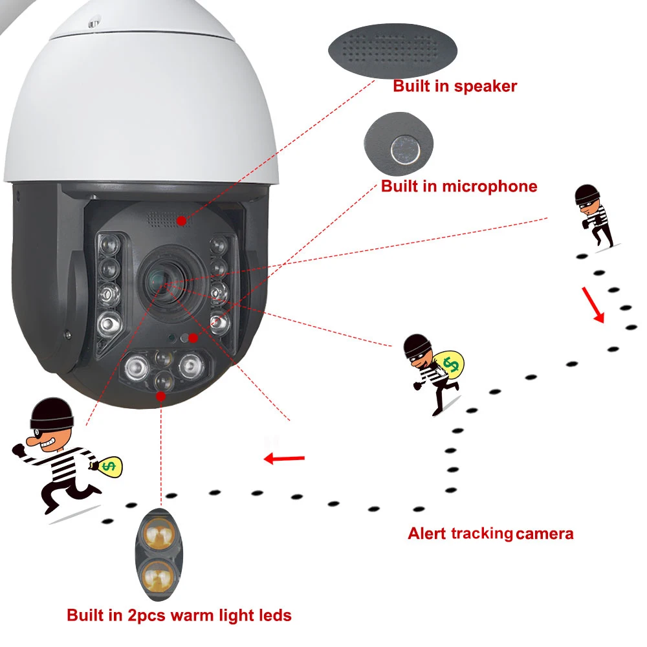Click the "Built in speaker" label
click(455, 85)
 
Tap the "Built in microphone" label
click(459, 186)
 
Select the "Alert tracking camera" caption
click(490, 534)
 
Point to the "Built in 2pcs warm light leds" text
click(179, 615)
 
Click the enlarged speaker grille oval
click(393, 51)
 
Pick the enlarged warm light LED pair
click(158, 552)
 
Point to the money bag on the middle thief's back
click(451, 364)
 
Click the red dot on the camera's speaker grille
click(182, 221)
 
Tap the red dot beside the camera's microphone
click(193, 337)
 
